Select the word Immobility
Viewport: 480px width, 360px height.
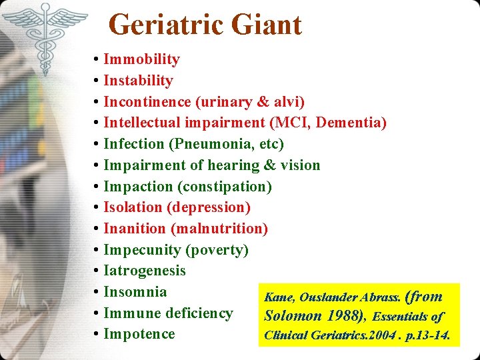[x=141, y=59]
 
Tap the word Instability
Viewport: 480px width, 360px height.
[x=138, y=81]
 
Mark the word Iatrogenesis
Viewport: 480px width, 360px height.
[x=145, y=271]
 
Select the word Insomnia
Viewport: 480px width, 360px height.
[x=135, y=292]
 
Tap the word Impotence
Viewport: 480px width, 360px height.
[x=139, y=334]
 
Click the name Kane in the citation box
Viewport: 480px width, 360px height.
[x=279, y=297]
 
